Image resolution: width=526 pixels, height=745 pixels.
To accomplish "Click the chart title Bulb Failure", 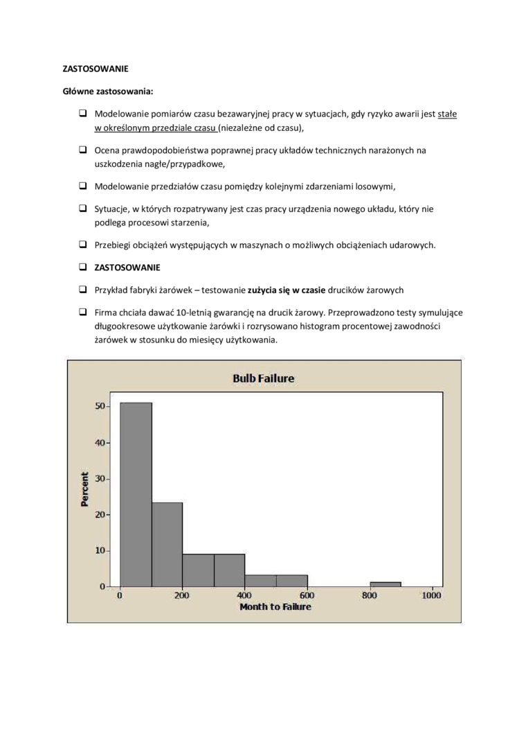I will click(x=263, y=378).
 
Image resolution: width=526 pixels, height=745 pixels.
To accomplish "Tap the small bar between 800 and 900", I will click(x=386, y=584).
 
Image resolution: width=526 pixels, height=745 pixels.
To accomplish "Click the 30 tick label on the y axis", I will click(x=100, y=479).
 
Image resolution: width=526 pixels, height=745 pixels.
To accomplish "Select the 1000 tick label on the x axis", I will click(x=432, y=596).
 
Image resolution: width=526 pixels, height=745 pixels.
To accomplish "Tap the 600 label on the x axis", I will click(x=307, y=596).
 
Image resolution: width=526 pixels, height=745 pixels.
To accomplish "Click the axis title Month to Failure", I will click(x=275, y=607).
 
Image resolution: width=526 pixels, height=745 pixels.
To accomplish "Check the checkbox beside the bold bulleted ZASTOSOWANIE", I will click(x=82, y=267).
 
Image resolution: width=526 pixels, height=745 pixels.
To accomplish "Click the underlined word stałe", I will click(x=447, y=113).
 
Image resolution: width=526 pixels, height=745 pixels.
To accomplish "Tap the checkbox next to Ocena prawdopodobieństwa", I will click(x=82, y=150).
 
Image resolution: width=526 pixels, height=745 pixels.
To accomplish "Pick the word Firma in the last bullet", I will click(x=106, y=313).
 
